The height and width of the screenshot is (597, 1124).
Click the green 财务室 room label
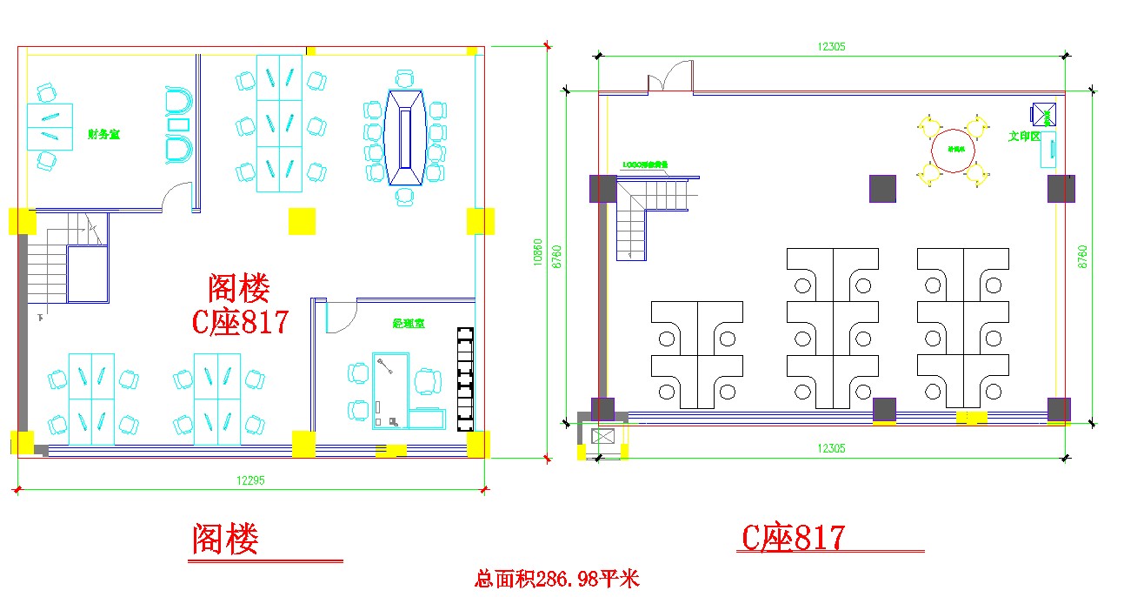coord(103,134)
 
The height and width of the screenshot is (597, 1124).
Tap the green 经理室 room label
coord(409,324)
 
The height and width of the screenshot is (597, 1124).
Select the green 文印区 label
coord(1024,137)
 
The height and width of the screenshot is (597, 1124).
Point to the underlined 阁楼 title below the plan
coord(225,540)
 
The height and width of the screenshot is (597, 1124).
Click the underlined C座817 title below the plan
coord(792,538)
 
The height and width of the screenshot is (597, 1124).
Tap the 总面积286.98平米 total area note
coord(557,579)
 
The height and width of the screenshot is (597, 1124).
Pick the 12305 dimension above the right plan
coord(831,47)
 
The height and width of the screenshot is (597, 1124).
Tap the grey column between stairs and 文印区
coord(882,188)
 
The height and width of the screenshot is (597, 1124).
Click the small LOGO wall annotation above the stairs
coord(645,164)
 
